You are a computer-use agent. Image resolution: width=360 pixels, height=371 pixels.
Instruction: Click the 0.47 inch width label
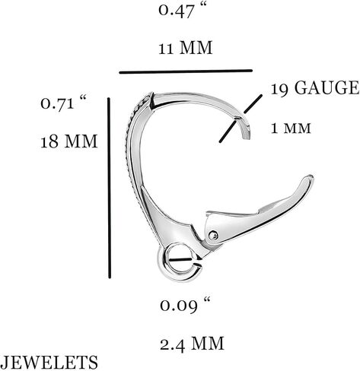click(x=183, y=11)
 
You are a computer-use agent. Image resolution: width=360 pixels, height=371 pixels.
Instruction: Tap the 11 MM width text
click(x=186, y=47)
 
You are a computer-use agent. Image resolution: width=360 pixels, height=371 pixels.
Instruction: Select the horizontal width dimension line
click(x=186, y=71)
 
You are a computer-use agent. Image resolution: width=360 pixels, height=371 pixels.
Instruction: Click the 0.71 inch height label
click(x=63, y=102)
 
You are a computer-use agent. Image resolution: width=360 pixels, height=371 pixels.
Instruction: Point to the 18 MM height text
click(x=69, y=141)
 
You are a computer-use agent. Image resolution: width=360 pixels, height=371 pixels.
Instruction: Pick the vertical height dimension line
click(x=109, y=188)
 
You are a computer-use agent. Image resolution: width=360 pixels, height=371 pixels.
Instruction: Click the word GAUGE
click(x=327, y=88)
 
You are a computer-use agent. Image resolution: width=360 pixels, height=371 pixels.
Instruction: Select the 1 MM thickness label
click(x=291, y=128)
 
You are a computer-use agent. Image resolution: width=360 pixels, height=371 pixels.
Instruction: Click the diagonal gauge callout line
click(x=241, y=119)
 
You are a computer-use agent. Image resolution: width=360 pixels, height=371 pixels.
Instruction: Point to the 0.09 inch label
click(x=185, y=304)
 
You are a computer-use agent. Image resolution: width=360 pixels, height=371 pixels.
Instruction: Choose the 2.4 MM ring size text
click(x=192, y=344)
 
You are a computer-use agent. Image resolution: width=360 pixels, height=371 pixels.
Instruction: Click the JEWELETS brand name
click(x=49, y=362)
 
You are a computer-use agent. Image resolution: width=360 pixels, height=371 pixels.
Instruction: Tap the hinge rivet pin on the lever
click(x=213, y=236)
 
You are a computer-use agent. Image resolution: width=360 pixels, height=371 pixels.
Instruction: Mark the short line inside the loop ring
click(x=181, y=259)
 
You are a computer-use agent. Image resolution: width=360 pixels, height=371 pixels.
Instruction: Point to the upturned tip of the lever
click(x=310, y=178)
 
